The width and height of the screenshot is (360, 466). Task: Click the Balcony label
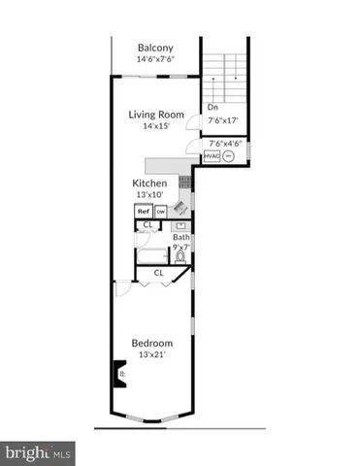pos(155,48)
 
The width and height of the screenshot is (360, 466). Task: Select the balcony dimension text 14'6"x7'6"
pos(155,59)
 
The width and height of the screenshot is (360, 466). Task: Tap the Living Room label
pos(156,115)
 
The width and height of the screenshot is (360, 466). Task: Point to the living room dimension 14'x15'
pos(156,126)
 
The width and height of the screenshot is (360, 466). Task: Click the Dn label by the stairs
pos(213,109)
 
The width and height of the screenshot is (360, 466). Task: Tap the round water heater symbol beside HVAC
pos(230,156)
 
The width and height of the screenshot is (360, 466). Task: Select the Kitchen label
pos(150,183)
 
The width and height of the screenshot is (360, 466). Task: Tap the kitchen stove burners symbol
pos(184,182)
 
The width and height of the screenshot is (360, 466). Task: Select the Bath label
pos(180,237)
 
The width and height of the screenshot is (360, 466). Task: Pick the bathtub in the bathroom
pos(152,257)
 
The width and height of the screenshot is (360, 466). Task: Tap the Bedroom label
pos(152,343)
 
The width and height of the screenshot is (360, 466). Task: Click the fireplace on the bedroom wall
pos(117,373)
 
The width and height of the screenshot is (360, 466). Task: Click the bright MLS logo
pos(39,451)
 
